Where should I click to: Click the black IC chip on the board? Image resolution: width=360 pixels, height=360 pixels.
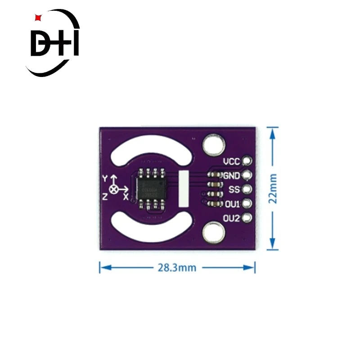151,188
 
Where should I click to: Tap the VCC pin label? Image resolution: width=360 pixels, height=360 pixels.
232,162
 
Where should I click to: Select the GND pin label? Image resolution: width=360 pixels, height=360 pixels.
232,175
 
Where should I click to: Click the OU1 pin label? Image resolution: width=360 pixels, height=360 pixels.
232,204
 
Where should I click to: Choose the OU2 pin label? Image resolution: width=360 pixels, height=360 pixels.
232,218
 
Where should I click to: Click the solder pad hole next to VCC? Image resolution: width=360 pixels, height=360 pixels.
247,161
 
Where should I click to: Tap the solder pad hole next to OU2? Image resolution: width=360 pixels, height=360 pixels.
247,218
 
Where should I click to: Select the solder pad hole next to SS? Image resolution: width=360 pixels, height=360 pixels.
247,189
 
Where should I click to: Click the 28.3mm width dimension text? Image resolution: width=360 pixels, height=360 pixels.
177,267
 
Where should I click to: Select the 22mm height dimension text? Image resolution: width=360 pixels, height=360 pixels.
273,189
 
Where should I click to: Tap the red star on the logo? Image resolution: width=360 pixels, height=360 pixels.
38,18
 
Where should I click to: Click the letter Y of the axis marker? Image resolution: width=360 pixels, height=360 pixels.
105,179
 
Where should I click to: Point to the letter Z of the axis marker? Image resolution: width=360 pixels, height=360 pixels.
104,196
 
